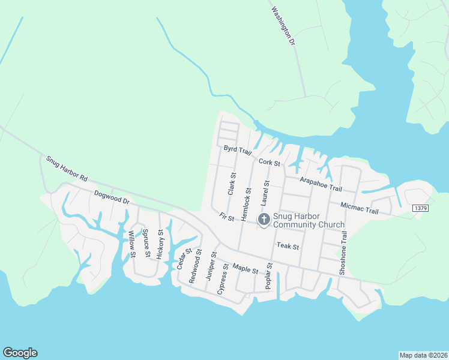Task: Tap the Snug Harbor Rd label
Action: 67,169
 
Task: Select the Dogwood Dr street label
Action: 112,197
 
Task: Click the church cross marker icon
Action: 264,220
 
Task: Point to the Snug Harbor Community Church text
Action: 309,221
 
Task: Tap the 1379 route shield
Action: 421,208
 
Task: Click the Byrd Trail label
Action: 237,149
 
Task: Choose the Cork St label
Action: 270,163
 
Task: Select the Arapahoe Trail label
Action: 321,184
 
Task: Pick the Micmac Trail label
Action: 359,208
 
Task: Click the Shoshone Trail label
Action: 344,253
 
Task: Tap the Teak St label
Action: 288,246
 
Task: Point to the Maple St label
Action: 245,269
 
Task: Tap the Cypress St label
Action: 223,278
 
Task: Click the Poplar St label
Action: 270,276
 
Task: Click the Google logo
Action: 20,353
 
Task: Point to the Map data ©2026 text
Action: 423,355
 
